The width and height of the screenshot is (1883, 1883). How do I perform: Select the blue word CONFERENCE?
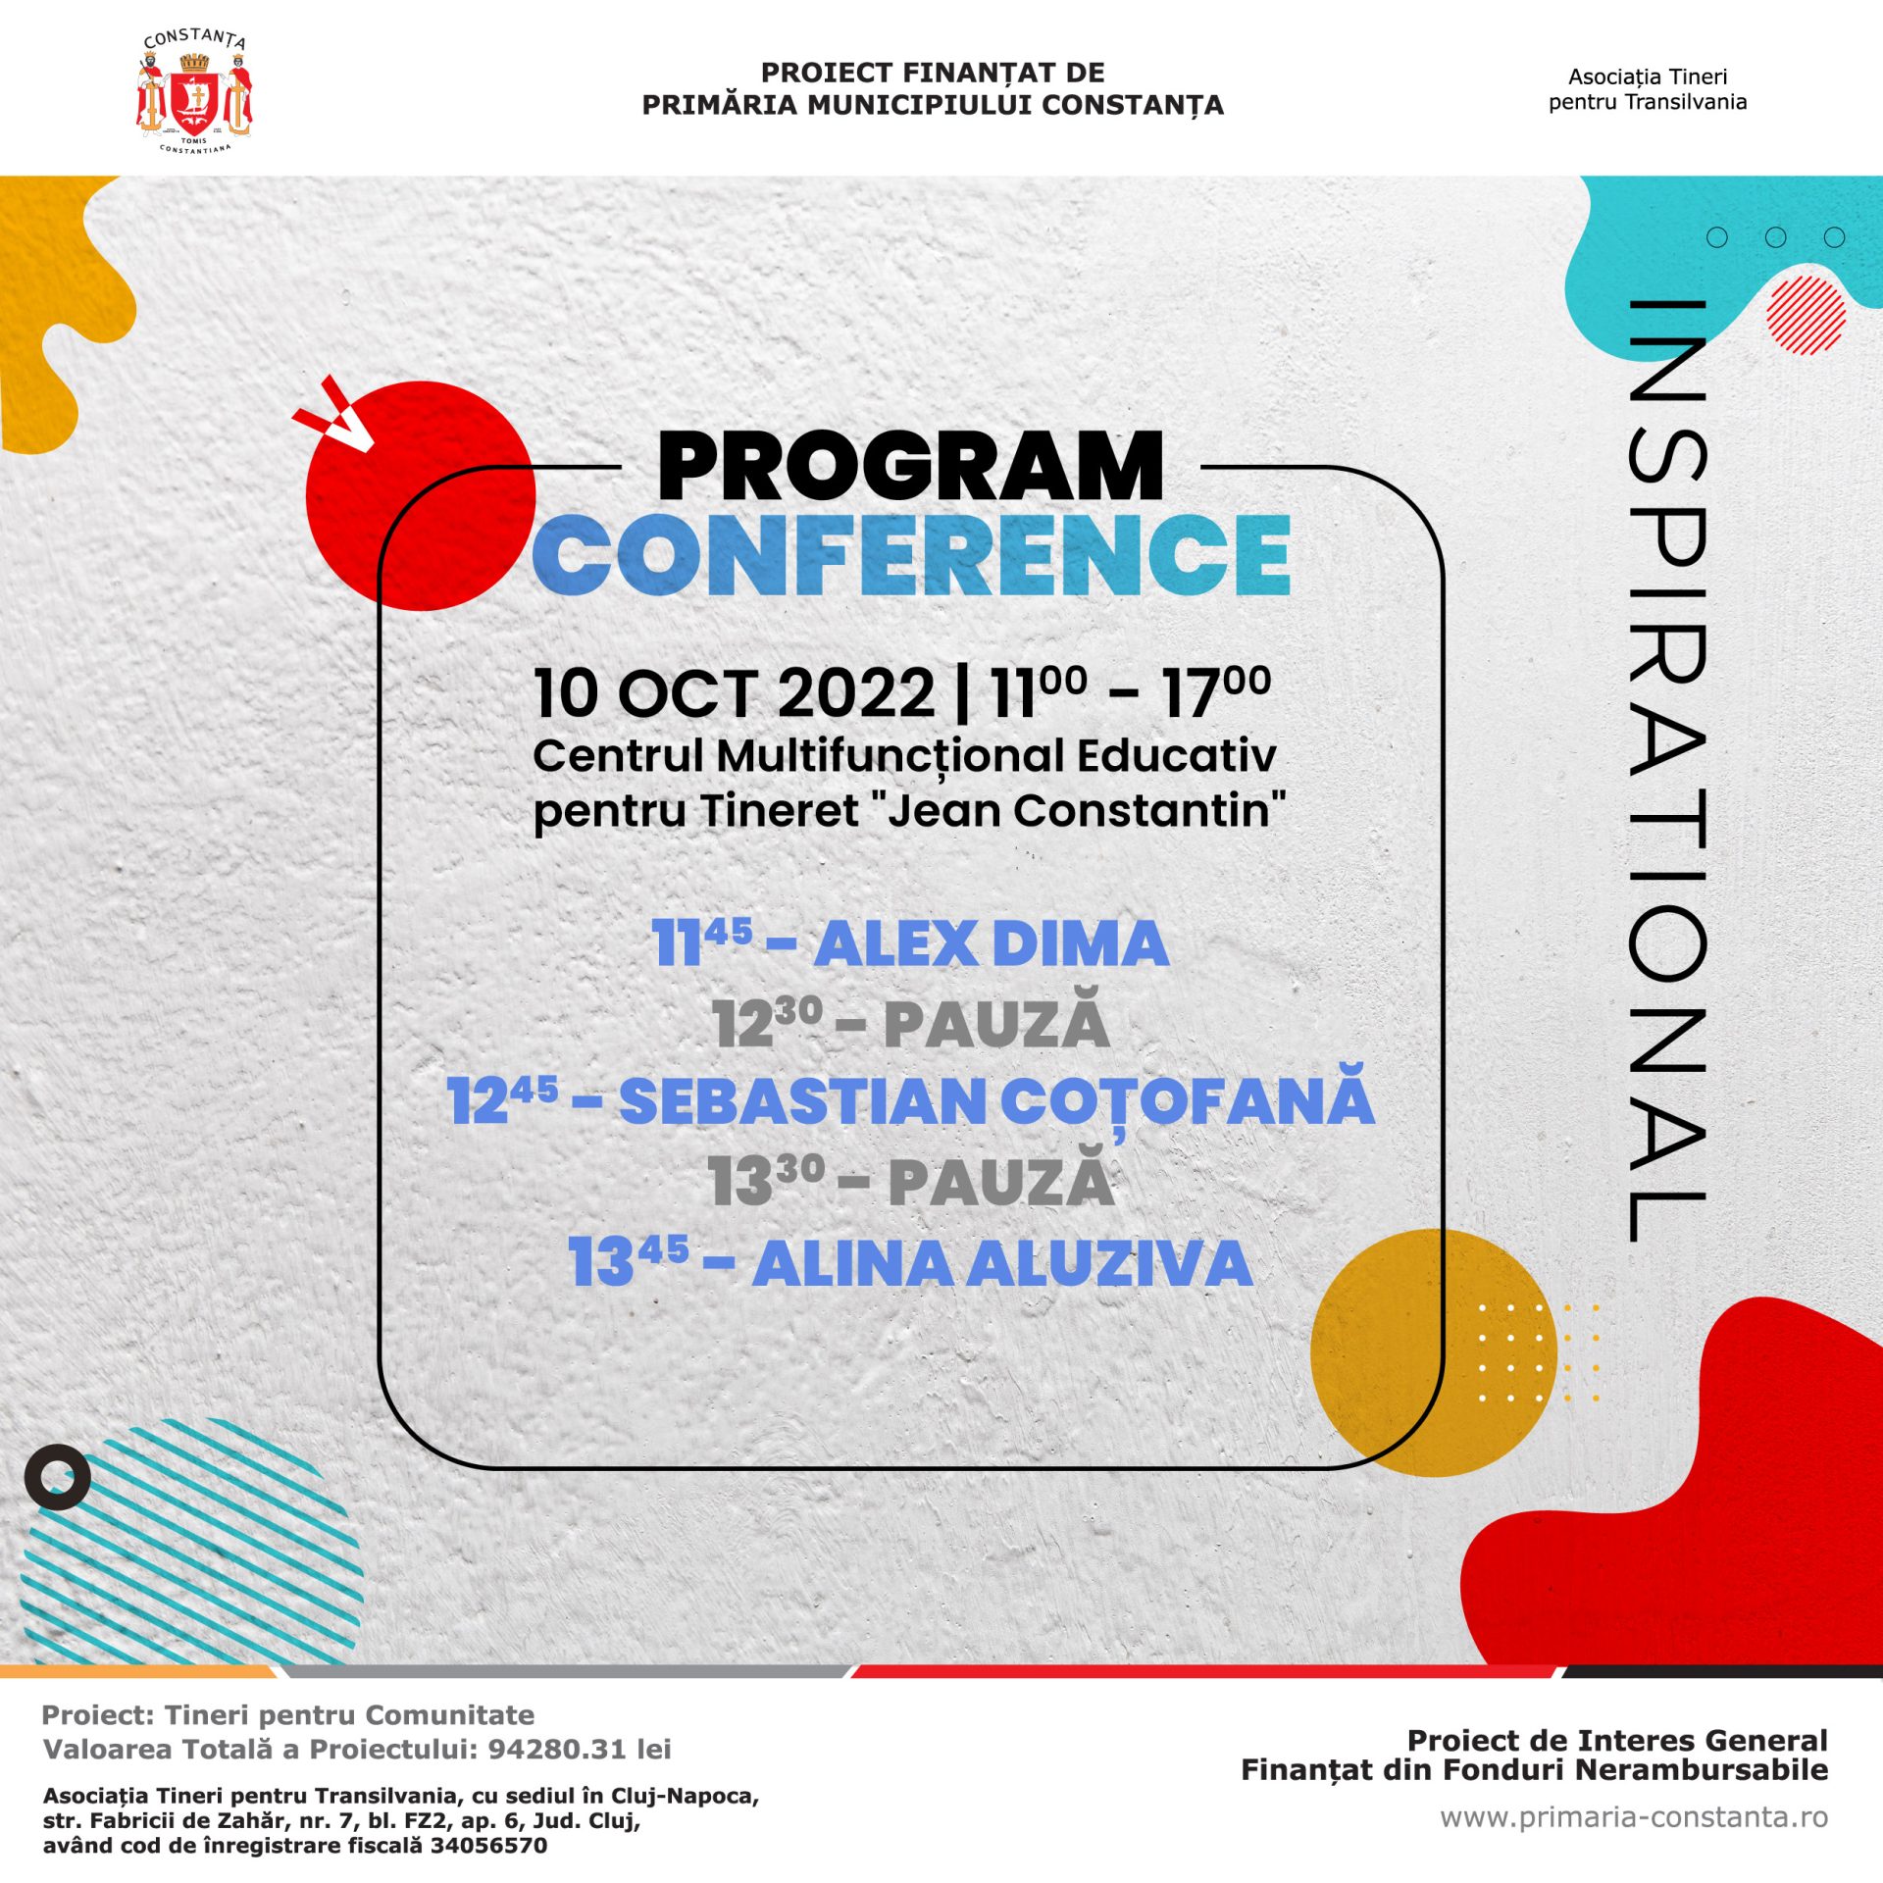[x=912, y=555]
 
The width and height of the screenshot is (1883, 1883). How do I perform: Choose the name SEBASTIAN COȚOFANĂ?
[x=995, y=1101]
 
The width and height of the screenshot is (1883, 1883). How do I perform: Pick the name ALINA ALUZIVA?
[x=1001, y=1263]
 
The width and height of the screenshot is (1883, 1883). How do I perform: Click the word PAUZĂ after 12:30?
[x=995, y=1025]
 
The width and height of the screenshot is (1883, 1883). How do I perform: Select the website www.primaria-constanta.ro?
[x=1633, y=1817]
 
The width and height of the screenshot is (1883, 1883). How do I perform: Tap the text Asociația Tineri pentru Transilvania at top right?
[x=1647, y=89]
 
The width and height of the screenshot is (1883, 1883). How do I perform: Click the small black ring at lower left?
[x=57, y=1476]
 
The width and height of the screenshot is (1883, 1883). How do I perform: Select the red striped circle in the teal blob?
[x=1806, y=315]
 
